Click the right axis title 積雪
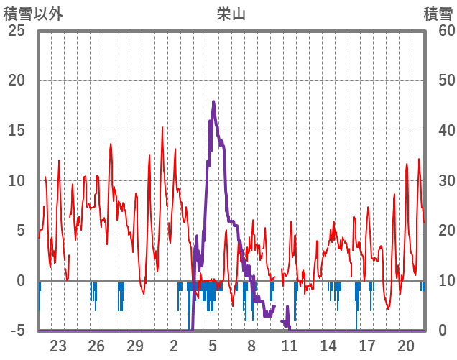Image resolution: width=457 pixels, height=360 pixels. coord(438,14)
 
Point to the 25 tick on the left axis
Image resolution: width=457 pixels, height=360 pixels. coord(16,31)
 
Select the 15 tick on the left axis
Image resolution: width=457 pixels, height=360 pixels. coord(16,131)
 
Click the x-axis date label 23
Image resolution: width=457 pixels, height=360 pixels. coord(58,346)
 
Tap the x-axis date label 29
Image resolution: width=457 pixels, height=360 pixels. coord(135,346)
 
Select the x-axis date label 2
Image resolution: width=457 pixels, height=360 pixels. coord(174,346)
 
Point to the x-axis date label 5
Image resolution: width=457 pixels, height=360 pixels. coord(213,346)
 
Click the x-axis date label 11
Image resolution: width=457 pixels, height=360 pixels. coord(290,346)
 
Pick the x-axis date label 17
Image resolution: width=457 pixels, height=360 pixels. coord(367,346)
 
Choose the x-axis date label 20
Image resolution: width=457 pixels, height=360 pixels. coord(406,346)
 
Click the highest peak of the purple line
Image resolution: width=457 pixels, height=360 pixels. coord(213,102)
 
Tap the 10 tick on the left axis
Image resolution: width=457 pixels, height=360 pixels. coord(16,181)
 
